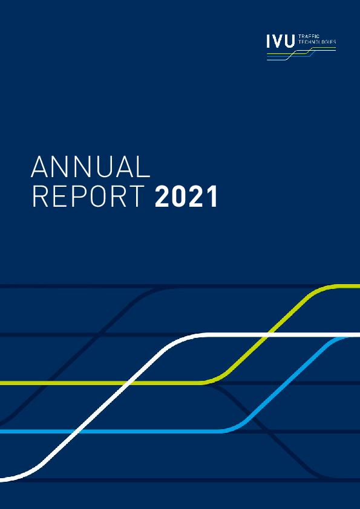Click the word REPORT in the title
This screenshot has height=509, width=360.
tap(88, 197)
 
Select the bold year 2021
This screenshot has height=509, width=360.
tap(186, 197)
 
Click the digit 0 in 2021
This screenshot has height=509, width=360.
tap(179, 197)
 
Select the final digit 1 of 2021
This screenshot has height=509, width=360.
tap(211, 197)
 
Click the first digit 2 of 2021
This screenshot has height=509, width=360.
tap(163, 197)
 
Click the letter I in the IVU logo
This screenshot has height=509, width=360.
tap(269, 41)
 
